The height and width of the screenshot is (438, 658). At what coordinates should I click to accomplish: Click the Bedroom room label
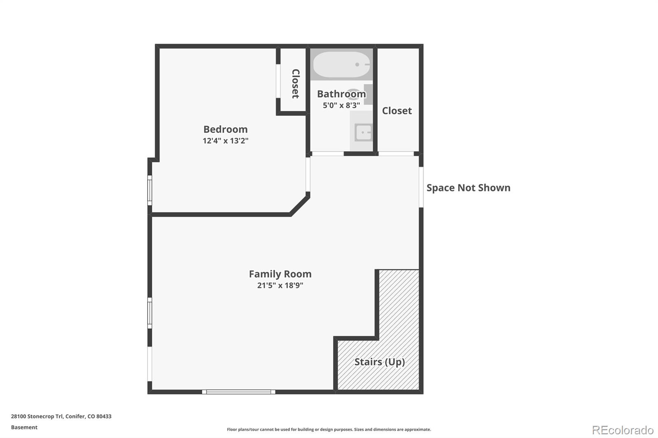tap(225, 129)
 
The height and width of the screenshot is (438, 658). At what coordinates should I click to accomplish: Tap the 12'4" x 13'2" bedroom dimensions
tap(225, 141)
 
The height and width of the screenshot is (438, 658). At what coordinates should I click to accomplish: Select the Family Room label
tap(280, 274)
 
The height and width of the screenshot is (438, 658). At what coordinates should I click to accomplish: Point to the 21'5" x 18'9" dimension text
tap(280, 286)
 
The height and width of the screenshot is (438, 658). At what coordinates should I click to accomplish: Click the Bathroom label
tap(341, 94)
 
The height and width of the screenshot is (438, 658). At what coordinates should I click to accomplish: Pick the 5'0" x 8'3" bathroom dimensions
tap(341, 106)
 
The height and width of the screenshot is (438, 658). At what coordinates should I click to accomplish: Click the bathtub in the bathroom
tap(341, 65)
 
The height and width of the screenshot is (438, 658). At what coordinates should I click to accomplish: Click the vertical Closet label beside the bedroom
tap(295, 83)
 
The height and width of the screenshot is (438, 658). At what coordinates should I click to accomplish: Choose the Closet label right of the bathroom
tap(397, 111)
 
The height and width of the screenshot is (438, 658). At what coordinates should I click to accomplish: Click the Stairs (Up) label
tap(380, 362)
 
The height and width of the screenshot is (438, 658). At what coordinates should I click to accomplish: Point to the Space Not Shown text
tap(468, 188)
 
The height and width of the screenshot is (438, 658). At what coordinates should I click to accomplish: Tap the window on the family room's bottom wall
tap(239, 392)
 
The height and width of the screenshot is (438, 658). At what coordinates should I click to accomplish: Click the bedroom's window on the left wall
tap(150, 190)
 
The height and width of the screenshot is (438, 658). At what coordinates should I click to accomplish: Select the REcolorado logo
tap(623, 430)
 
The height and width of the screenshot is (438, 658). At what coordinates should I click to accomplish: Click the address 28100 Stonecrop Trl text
tap(61, 416)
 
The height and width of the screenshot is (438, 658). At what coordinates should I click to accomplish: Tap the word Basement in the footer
tap(24, 427)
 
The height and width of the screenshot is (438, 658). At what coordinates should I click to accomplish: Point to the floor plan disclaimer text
tap(329, 429)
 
